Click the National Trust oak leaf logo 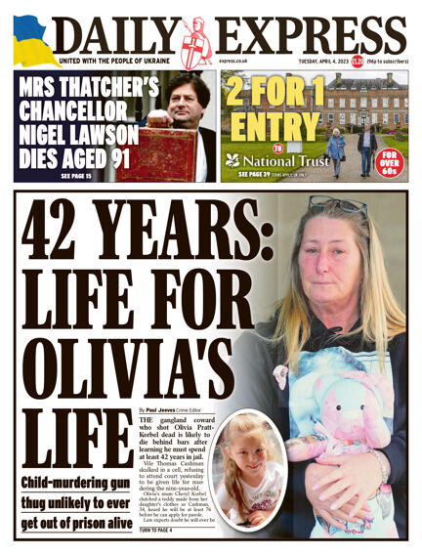pos(232,159)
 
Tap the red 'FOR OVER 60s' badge pos(389,160)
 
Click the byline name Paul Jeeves pos(165,410)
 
